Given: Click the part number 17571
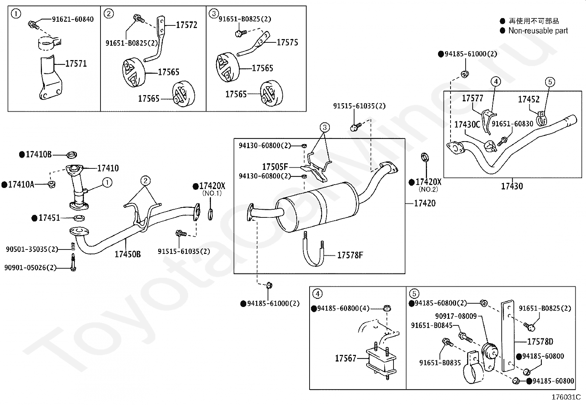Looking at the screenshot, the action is point(76,63).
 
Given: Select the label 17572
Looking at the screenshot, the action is point(187,25).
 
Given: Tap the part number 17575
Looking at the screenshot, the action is point(287,42).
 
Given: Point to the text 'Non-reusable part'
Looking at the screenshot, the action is point(538,31).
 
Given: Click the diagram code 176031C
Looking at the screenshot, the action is point(566,397).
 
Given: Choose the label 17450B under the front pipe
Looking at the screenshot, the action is point(128,254).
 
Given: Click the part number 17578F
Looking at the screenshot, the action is point(350,255).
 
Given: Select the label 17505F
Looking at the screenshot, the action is point(275,167).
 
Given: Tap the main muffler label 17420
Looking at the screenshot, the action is point(425,203).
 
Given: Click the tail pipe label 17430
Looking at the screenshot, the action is point(512,186).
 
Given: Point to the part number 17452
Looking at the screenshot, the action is point(529,99).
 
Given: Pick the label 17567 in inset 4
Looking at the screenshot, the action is point(346,358).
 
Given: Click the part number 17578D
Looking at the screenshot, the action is point(540,342).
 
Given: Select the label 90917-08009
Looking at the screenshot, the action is point(456,316).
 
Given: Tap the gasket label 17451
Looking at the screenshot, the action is point(49,218).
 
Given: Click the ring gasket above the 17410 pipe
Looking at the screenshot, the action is point(72,155).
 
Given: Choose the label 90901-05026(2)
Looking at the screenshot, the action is point(30,268).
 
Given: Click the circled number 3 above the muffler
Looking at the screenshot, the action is point(325,127).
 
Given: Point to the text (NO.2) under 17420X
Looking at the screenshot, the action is point(428,189).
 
